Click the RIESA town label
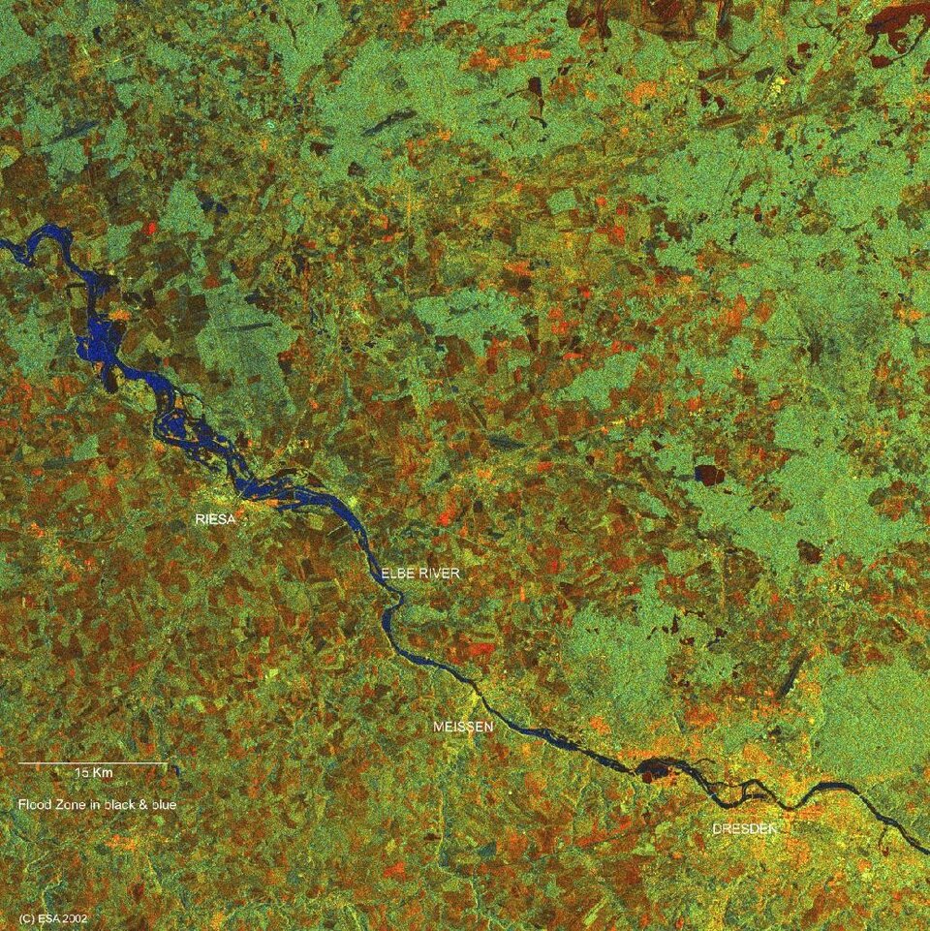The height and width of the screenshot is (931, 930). (215, 520)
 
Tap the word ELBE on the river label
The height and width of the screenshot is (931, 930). (397, 574)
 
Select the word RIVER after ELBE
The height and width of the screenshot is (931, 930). (439, 574)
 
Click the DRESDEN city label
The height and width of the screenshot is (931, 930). (744, 829)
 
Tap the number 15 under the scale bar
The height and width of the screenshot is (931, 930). (80, 773)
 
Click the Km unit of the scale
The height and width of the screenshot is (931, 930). (103, 773)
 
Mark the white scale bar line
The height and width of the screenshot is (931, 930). (92, 763)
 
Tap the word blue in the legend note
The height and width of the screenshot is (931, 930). (162, 804)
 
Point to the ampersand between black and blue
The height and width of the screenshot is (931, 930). (140, 804)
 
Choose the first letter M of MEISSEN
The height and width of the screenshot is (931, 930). (437, 726)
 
